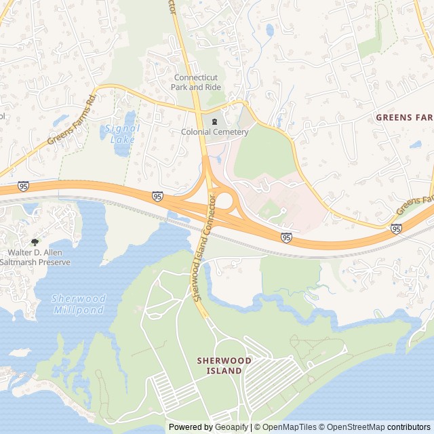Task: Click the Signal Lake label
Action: (x=123, y=133)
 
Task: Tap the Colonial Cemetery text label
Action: (x=214, y=132)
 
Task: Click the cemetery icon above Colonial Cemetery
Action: (x=214, y=121)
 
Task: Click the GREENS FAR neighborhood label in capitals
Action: (x=404, y=117)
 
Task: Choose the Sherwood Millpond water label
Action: (x=79, y=304)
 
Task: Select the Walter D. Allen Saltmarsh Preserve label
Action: (x=35, y=256)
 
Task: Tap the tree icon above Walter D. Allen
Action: (x=35, y=241)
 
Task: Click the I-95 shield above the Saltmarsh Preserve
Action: (x=24, y=185)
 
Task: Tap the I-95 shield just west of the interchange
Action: (x=157, y=196)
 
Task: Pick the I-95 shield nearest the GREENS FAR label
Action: (x=396, y=229)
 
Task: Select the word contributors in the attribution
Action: (x=409, y=427)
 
